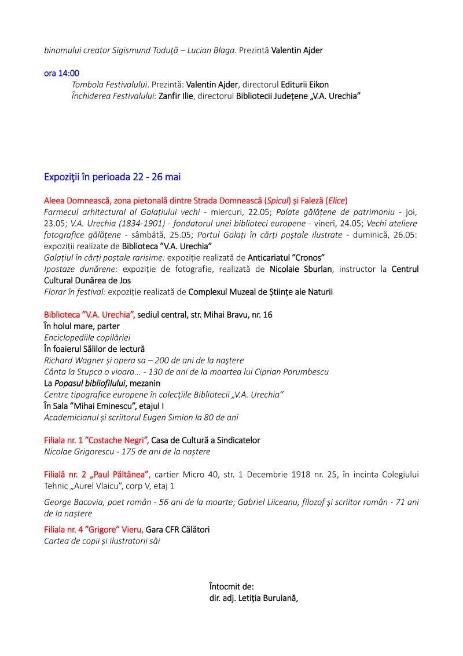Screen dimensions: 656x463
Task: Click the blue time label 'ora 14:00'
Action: coord(62,73)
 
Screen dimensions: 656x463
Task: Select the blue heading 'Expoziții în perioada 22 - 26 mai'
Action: coord(112,177)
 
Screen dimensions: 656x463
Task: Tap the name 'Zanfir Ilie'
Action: coord(177,96)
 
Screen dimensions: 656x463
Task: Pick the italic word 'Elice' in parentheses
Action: coord(336,201)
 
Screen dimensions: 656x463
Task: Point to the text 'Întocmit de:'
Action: coord(231,586)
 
